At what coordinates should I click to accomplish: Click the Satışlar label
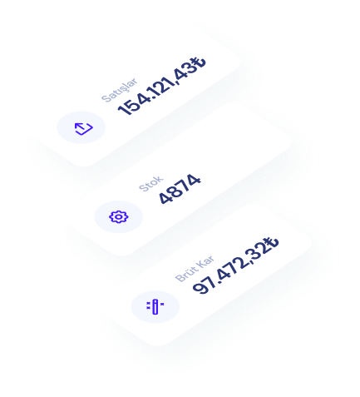pos(119,90)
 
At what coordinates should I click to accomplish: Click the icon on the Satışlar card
pos(84,128)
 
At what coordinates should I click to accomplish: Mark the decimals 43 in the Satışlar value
pos(185,72)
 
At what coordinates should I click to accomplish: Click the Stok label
pos(151,183)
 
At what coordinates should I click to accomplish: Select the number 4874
pos(180,189)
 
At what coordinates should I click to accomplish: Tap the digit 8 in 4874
pos(174,193)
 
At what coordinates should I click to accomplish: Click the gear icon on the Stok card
pos(119,216)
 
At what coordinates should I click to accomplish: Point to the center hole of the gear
pos(119,216)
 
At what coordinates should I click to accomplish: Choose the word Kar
pos(205,261)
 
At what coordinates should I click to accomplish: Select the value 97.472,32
pos(229,269)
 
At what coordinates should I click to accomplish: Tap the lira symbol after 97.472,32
pos(272,244)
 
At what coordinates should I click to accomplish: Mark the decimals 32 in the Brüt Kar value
pos(259,251)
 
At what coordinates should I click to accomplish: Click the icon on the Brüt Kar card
pos(155,306)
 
